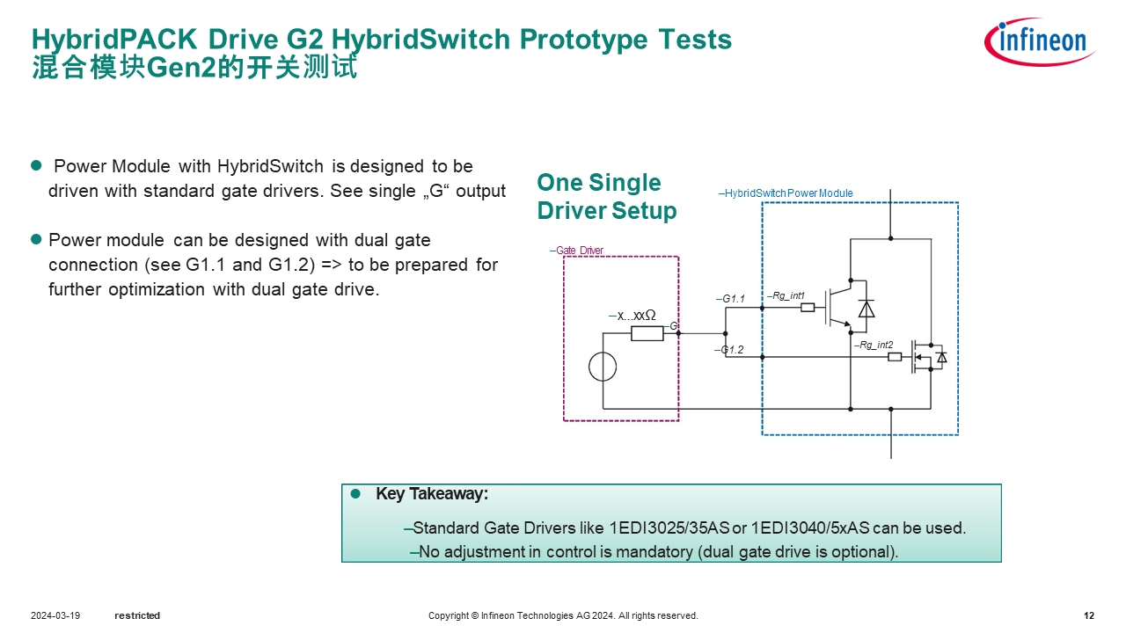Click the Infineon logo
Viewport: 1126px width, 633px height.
tap(1040, 41)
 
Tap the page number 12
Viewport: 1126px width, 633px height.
tap(1089, 615)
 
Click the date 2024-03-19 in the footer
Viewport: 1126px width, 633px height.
tap(55, 615)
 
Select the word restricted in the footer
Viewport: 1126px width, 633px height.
tap(137, 615)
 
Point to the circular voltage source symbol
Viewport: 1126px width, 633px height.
tap(603, 367)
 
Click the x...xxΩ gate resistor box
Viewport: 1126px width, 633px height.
tap(647, 333)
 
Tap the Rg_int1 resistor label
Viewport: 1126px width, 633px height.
tap(786, 296)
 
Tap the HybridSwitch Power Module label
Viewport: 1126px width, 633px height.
tap(786, 193)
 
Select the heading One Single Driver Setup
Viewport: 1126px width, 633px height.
tap(606, 197)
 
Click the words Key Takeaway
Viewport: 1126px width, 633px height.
tap(431, 494)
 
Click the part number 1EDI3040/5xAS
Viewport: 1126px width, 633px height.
tap(809, 528)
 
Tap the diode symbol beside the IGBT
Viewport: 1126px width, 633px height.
tap(866, 309)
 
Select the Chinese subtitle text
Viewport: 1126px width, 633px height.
tap(194, 68)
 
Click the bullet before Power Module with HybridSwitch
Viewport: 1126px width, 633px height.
tap(37, 165)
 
